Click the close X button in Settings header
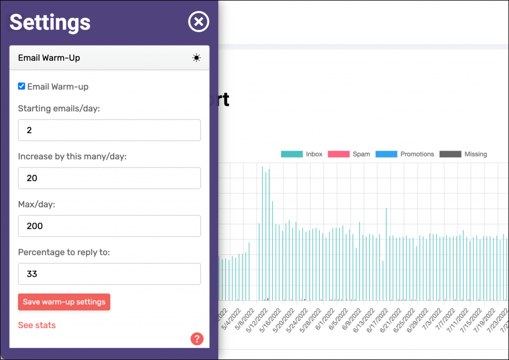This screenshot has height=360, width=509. tap(198, 22)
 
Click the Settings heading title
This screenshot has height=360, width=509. tap(50, 22)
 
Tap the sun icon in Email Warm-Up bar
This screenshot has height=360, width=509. tap(197, 58)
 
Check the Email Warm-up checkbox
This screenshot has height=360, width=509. tap(21, 87)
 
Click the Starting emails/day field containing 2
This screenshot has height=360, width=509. tap(109, 130)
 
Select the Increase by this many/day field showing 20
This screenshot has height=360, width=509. tap(109, 178)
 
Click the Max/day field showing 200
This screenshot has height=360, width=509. tap(109, 226)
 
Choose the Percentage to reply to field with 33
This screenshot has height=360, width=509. tap(109, 274)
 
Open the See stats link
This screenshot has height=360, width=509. tap(37, 325)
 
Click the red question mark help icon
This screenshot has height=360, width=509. tap(197, 339)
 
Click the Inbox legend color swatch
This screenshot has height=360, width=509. tap(292, 154)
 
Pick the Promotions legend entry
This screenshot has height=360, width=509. tap(405, 154)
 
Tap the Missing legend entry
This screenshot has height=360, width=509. tap(463, 154)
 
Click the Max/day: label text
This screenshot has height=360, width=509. tap(37, 204)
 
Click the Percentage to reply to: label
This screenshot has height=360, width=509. tap(64, 252)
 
